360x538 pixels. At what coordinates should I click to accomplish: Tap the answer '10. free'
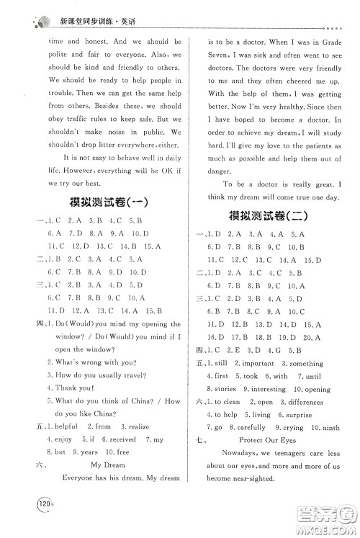tap(119, 452)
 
